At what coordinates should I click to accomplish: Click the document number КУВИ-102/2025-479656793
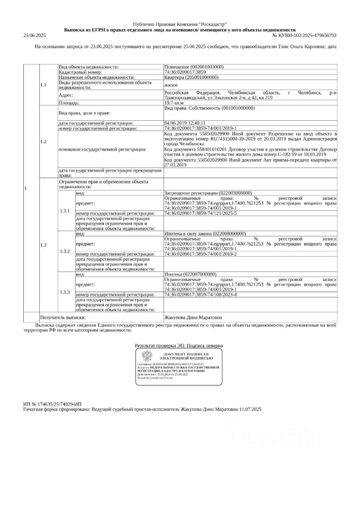coord(304,36)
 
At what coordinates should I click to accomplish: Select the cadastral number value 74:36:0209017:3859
coord(185,72)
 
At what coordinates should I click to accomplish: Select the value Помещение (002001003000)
coord(194,67)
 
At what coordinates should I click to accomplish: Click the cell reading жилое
coord(171,84)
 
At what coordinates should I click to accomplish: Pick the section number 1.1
coord(43,84)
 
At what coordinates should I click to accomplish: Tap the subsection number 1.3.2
coord(65,250)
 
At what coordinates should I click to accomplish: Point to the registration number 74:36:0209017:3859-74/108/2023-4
coord(201,294)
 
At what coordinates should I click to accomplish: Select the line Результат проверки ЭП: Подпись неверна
coord(179,345)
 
